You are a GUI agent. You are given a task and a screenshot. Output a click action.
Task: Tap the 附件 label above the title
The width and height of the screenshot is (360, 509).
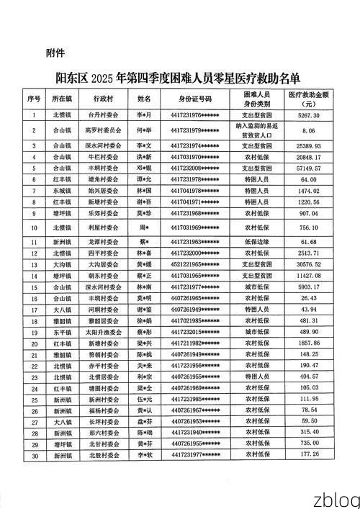(55, 53)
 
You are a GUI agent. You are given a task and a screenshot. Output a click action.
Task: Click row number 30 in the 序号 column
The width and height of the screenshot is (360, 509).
(34, 455)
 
